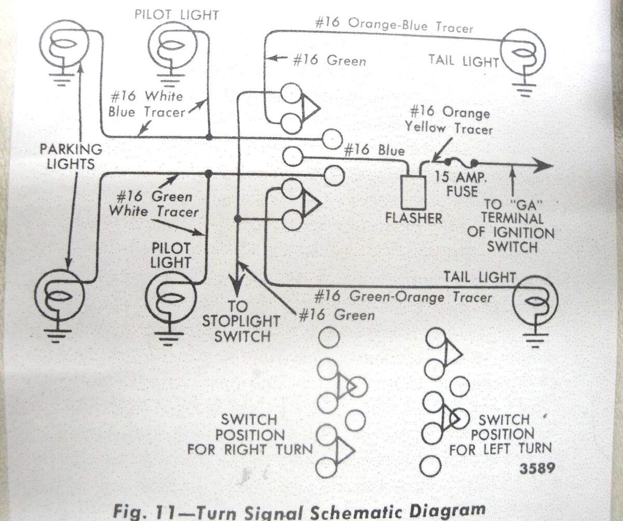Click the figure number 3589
537,468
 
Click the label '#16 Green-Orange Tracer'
403,297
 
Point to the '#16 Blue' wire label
374,151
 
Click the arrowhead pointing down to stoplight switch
238,288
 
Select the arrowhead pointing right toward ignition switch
543,165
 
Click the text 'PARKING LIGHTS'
71,157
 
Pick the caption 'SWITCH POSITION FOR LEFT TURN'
501,434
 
